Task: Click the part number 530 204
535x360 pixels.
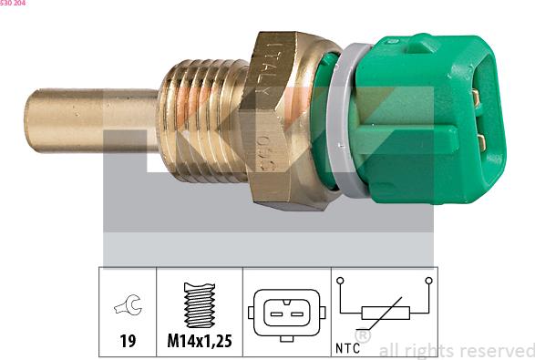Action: [13, 4]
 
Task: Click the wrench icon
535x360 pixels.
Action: [127, 308]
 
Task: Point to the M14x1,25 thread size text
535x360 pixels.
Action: [199, 342]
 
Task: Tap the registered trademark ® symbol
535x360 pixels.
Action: [362, 335]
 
